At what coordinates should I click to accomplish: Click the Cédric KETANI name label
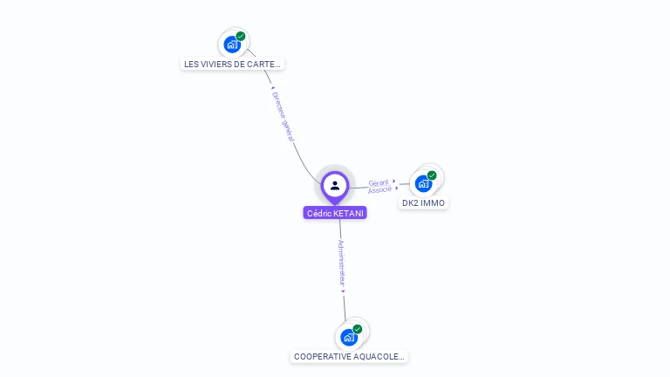pos(335,213)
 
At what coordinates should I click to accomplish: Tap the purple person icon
pos(335,185)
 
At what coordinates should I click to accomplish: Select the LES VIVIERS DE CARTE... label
pos(232,64)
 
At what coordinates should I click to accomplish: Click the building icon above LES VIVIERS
pos(231,45)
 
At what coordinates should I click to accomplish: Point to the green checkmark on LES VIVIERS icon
pos(241,37)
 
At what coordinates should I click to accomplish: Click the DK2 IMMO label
pos(423,203)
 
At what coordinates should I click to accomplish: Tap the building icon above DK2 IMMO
pos(423,183)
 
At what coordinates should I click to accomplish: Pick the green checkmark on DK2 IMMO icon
pos(432,175)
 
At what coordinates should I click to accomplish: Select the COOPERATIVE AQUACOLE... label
pos(349,357)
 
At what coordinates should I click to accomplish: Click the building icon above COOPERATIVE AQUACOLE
pos(349,337)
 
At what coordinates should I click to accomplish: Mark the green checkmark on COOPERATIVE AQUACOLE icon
pos(358,329)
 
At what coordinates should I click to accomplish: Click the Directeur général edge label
pos(283,117)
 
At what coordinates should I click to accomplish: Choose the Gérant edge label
pos(379,182)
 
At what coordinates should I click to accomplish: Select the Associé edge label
pos(379,189)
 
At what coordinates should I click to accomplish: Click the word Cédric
pos(318,213)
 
